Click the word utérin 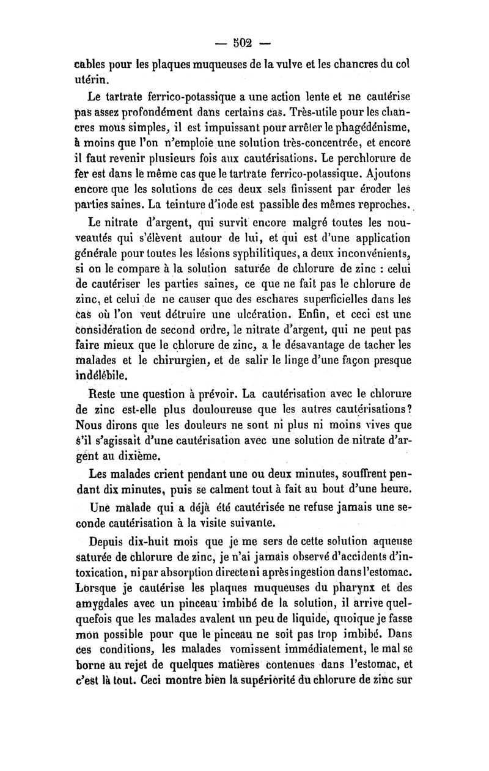coord(92,79)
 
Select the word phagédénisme coord(372,128)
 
